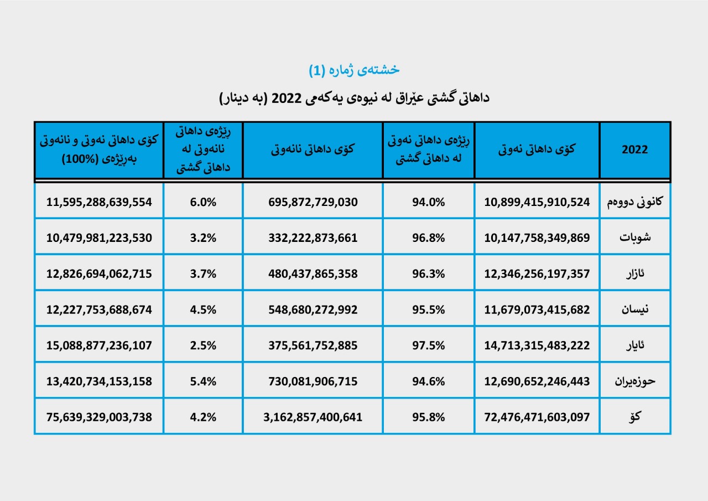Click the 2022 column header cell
pyautogui.click(x=634, y=150)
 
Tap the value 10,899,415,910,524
pyautogui.click(x=537, y=202)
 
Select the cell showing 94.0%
pyautogui.click(x=428, y=202)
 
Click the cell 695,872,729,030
pyautogui.click(x=313, y=202)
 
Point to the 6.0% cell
pyautogui.click(x=203, y=202)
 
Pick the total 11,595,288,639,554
pyautogui.click(x=99, y=202)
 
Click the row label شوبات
pyautogui.click(x=634, y=237)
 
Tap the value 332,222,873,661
pyautogui.click(x=313, y=237)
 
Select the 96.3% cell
pyautogui.click(x=428, y=273)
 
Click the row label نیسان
pyautogui.click(x=634, y=309)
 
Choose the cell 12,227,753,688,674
pyautogui.click(x=99, y=309)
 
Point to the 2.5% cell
pyautogui.click(x=203, y=345)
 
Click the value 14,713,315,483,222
pyautogui.click(x=537, y=345)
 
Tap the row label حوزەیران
pyautogui.click(x=634, y=381)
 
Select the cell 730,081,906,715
pyautogui.click(x=313, y=381)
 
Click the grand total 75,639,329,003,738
pyautogui.click(x=99, y=417)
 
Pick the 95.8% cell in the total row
pyautogui.click(x=428, y=417)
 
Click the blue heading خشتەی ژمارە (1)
pyautogui.click(x=354, y=70)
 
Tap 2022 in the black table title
pyautogui.click(x=287, y=99)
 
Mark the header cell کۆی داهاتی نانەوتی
pyautogui.click(x=313, y=150)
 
